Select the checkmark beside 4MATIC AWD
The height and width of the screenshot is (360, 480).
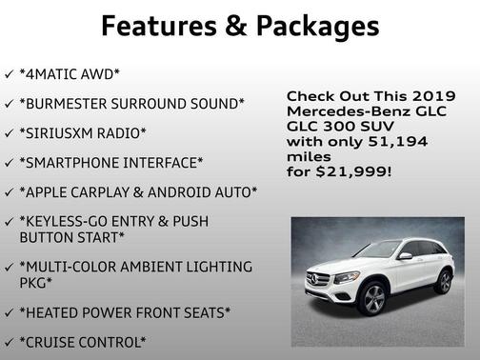click(9, 73)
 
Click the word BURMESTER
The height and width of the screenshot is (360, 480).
click(76, 103)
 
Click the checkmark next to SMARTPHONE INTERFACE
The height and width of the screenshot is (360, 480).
click(9, 162)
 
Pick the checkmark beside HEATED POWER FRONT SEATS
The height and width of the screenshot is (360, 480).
click(9, 311)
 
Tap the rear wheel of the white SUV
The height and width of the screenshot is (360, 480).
click(443, 282)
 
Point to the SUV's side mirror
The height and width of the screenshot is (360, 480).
click(404, 255)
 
